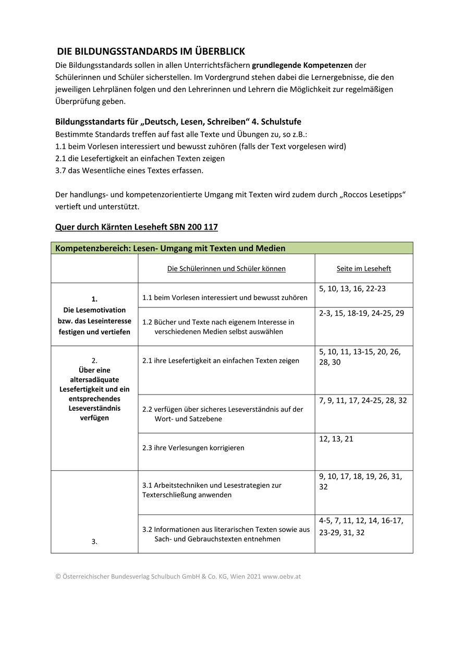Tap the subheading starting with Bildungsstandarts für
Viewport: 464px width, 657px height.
click(178, 122)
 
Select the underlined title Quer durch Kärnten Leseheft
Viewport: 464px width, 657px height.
click(136, 227)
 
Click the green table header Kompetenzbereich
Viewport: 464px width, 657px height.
click(170, 248)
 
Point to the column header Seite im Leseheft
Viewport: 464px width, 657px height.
click(363, 269)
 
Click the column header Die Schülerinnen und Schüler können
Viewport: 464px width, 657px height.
click(226, 269)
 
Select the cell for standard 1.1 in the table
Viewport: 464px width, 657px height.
click(225, 297)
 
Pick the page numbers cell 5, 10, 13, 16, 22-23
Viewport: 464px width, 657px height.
click(352, 289)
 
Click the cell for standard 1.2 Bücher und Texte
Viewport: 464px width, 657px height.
click(218, 327)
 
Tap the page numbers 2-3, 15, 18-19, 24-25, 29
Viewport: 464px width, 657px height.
click(361, 313)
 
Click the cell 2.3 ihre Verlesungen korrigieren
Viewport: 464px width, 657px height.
click(193, 448)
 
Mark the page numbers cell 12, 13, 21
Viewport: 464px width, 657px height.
click(336, 439)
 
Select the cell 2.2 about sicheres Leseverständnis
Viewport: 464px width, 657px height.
click(223, 414)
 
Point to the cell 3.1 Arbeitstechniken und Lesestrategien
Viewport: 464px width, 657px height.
click(212, 490)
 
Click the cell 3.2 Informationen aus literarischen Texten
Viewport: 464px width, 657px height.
click(226, 534)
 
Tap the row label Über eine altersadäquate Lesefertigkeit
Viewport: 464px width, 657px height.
click(94, 389)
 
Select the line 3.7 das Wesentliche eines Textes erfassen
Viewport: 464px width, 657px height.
click(129, 170)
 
